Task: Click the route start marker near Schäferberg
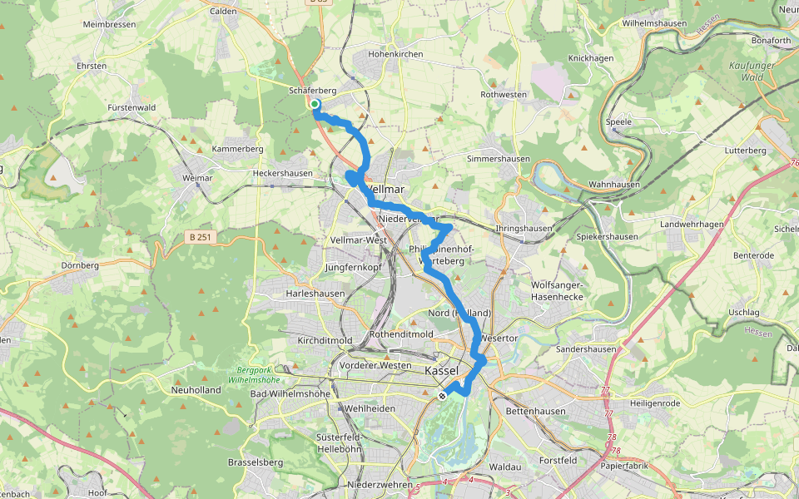[315, 105]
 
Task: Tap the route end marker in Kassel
[443, 395]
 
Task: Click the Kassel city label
[441, 370]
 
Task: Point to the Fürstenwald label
[132, 107]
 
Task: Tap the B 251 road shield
[199, 237]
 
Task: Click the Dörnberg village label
[80, 265]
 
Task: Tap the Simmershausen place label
[496, 158]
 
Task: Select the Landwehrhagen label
[692, 225]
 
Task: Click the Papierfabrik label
[625, 466]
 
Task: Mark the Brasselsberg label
[256, 462]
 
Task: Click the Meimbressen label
[110, 25]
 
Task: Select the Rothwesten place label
[504, 95]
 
